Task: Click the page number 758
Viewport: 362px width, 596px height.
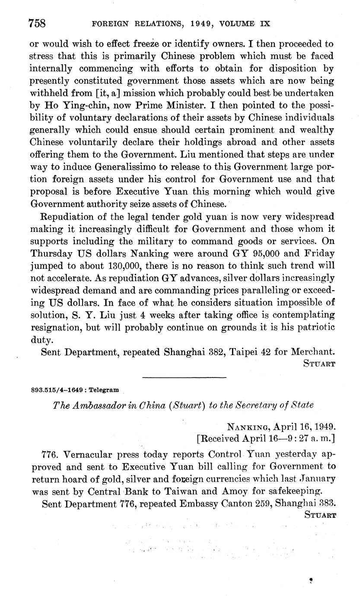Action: click(37, 23)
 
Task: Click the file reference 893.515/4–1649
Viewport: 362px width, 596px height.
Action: click(58, 390)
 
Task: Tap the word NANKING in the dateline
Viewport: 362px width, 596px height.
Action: click(248, 427)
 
